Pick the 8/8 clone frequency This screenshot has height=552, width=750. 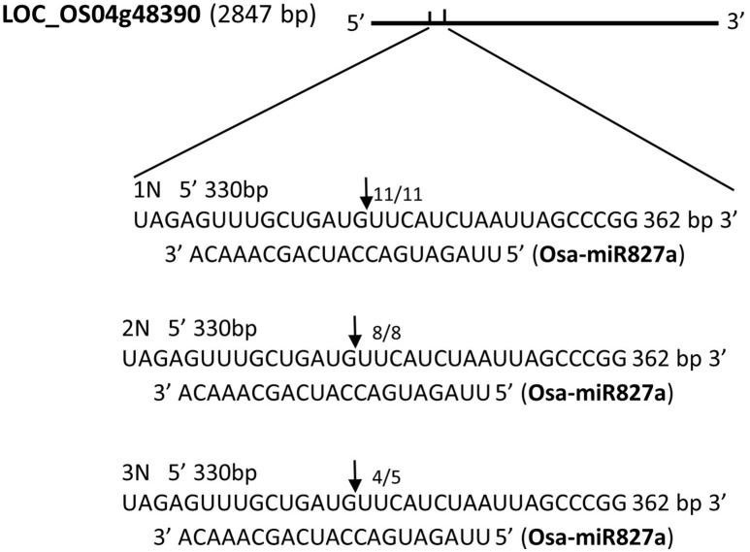pyautogui.click(x=385, y=334)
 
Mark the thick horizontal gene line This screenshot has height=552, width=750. pyautogui.click(x=543, y=21)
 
